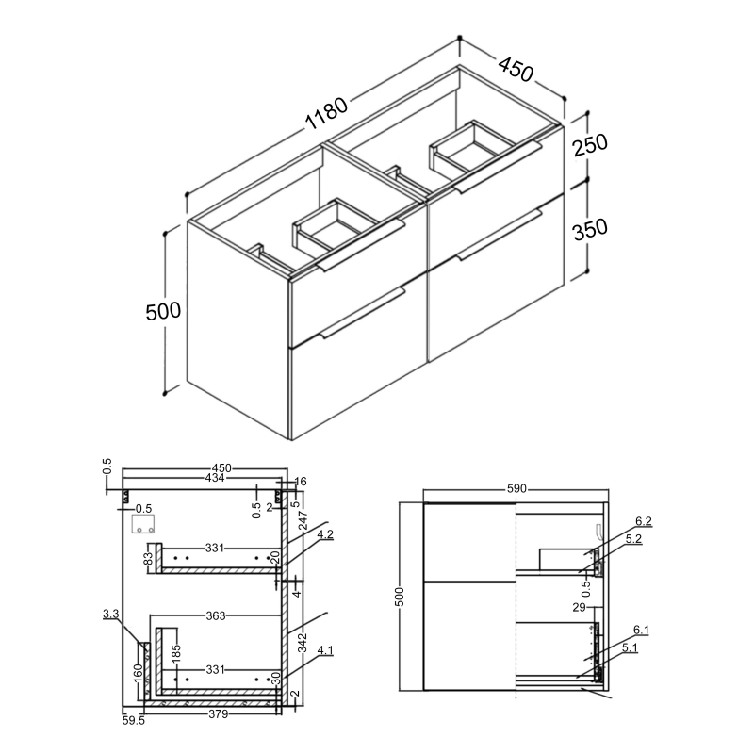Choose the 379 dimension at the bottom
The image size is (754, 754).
pyautogui.click(x=217, y=713)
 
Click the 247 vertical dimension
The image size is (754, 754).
pyautogui.click(x=302, y=535)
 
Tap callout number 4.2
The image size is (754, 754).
pyautogui.click(x=325, y=535)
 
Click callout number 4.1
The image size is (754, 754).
pyautogui.click(x=325, y=649)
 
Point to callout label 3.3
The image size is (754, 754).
pyautogui.click(x=110, y=615)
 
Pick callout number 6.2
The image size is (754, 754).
pyautogui.click(x=644, y=520)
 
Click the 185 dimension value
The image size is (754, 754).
pyautogui.click(x=175, y=652)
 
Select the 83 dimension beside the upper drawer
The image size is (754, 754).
pyautogui.click(x=148, y=559)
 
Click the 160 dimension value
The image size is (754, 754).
pyautogui.click(x=139, y=672)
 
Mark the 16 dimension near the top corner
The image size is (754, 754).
pyautogui.click(x=301, y=481)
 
